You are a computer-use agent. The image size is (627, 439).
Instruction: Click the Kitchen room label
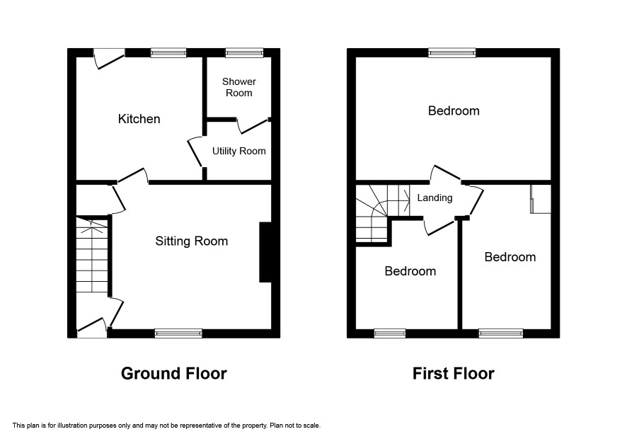coord(139,119)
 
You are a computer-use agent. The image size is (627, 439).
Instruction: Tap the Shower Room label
coord(238,87)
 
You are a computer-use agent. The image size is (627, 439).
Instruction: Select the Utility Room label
coord(238,151)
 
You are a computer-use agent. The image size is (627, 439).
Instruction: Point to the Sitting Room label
coord(192,241)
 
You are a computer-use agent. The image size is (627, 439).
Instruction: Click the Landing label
coord(435,198)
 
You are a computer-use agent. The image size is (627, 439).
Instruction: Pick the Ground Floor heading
coord(173,373)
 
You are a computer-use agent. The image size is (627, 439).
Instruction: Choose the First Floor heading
coord(454,373)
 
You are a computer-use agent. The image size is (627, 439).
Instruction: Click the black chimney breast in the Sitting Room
coord(265,252)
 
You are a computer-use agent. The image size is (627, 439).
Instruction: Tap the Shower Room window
coord(244,53)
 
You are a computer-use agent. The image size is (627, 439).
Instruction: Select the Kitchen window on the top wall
coord(168,53)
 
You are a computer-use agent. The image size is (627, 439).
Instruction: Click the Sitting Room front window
coord(178,333)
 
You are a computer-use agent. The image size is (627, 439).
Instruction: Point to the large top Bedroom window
coord(452,53)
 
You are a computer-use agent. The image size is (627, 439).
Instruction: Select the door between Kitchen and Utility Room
coord(195,152)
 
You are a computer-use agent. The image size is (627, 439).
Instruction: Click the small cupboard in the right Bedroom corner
coord(540,199)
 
